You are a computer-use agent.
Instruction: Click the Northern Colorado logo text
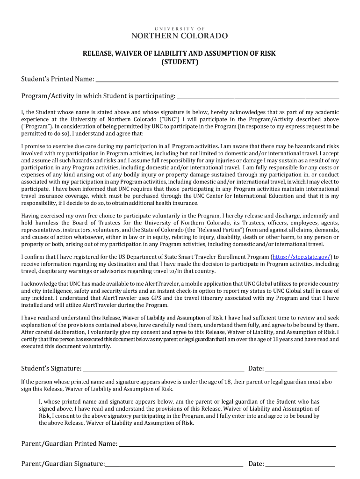click(x=180, y=36)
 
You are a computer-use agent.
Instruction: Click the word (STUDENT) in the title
click(x=180, y=62)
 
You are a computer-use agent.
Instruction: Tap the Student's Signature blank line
click(x=163, y=370)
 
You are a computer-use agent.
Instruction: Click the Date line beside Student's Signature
click(x=301, y=370)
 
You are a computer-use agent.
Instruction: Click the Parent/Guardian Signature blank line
click(x=174, y=465)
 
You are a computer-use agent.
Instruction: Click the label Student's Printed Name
click(x=58, y=80)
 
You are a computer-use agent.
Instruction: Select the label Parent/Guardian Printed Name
click(x=69, y=443)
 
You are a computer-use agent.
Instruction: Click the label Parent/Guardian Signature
click(x=63, y=464)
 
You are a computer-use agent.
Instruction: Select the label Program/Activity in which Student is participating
click(x=98, y=96)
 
